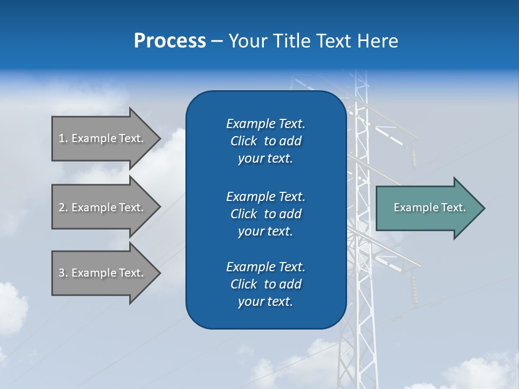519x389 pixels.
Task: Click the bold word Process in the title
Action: pyautogui.click(x=170, y=41)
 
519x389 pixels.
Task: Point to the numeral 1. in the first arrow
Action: pyautogui.click(x=63, y=138)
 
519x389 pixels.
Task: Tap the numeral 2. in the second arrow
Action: pyautogui.click(x=63, y=207)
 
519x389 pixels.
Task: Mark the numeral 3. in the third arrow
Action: pyautogui.click(x=63, y=273)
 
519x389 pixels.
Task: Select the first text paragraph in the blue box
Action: pyautogui.click(x=265, y=141)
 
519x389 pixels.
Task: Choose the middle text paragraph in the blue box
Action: pyautogui.click(x=265, y=214)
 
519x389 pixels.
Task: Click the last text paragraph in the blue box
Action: pyautogui.click(x=265, y=284)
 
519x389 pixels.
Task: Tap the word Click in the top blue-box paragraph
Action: pyautogui.click(x=244, y=141)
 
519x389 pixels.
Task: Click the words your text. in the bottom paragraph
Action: pyautogui.click(x=265, y=301)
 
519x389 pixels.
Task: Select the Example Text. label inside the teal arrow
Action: pyautogui.click(x=430, y=207)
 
